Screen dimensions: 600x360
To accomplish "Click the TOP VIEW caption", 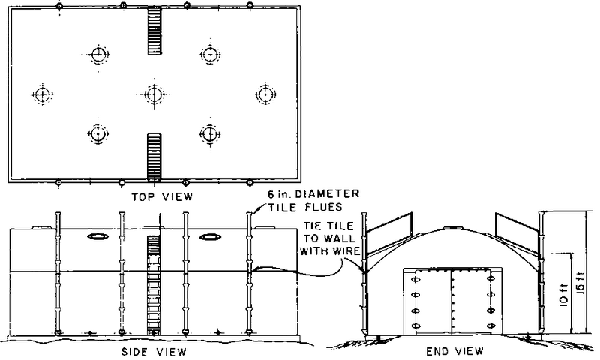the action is [x=162, y=197].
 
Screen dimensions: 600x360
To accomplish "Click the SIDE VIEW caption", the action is [x=154, y=351].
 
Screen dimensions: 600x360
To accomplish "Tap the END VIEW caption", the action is [x=454, y=350].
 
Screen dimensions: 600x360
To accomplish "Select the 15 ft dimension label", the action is [x=580, y=283].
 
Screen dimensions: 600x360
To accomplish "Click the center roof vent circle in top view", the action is [x=154, y=94].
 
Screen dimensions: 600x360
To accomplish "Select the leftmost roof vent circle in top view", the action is [x=41, y=94].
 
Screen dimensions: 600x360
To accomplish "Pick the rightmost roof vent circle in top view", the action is [x=265, y=94].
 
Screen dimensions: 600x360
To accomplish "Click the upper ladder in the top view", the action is [x=154, y=30].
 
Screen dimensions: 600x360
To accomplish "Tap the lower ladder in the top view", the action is [x=154, y=157].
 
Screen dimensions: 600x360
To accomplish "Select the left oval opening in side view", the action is [x=98, y=237].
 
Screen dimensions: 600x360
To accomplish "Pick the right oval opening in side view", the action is [x=210, y=237].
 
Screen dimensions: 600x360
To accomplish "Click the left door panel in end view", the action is [x=433, y=301].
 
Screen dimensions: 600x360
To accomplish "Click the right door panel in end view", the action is [x=470, y=301].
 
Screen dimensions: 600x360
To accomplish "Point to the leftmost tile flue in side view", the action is [x=58, y=273].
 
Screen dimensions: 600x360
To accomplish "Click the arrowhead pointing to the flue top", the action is [x=256, y=211].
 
